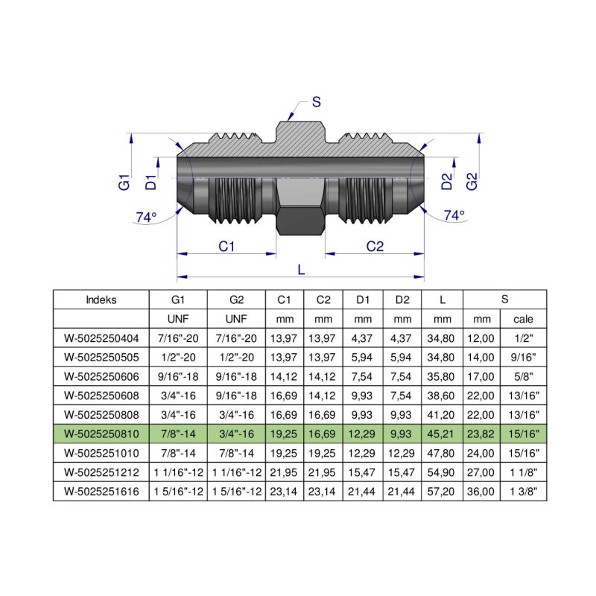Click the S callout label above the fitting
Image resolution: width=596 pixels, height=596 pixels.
pyautogui.click(x=316, y=103)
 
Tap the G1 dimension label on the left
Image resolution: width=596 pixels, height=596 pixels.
pyautogui.click(x=124, y=181)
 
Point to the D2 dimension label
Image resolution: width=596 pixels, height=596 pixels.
pyautogui.click(x=446, y=181)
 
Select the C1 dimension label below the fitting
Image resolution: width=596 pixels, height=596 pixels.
pyautogui.click(x=226, y=247)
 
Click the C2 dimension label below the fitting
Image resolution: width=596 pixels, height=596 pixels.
pyautogui.click(x=375, y=247)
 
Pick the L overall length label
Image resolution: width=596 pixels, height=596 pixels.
pyautogui.click(x=301, y=270)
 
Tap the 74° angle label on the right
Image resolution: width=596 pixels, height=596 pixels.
pyautogui.click(x=454, y=215)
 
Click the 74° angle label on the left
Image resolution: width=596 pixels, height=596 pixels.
pyautogui.click(x=146, y=218)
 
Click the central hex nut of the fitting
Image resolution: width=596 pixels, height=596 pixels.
pyautogui.click(x=300, y=209)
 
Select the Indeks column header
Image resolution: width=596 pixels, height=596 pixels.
pyautogui.click(x=101, y=300)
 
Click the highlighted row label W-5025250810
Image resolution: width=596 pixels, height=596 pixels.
pyautogui.click(x=101, y=434)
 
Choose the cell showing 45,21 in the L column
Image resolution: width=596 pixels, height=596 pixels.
pyautogui.click(x=443, y=434)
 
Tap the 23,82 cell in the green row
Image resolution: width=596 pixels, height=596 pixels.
pyautogui.click(x=481, y=434)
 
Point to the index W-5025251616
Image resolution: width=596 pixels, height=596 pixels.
pyautogui.click(x=101, y=491)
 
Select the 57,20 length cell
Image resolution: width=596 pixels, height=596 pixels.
pyautogui.click(x=443, y=491)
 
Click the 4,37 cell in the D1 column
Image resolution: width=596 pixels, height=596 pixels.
pyautogui.click(x=363, y=338)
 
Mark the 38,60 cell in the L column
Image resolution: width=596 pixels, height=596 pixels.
pyautogui.click(x=443, y=396)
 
